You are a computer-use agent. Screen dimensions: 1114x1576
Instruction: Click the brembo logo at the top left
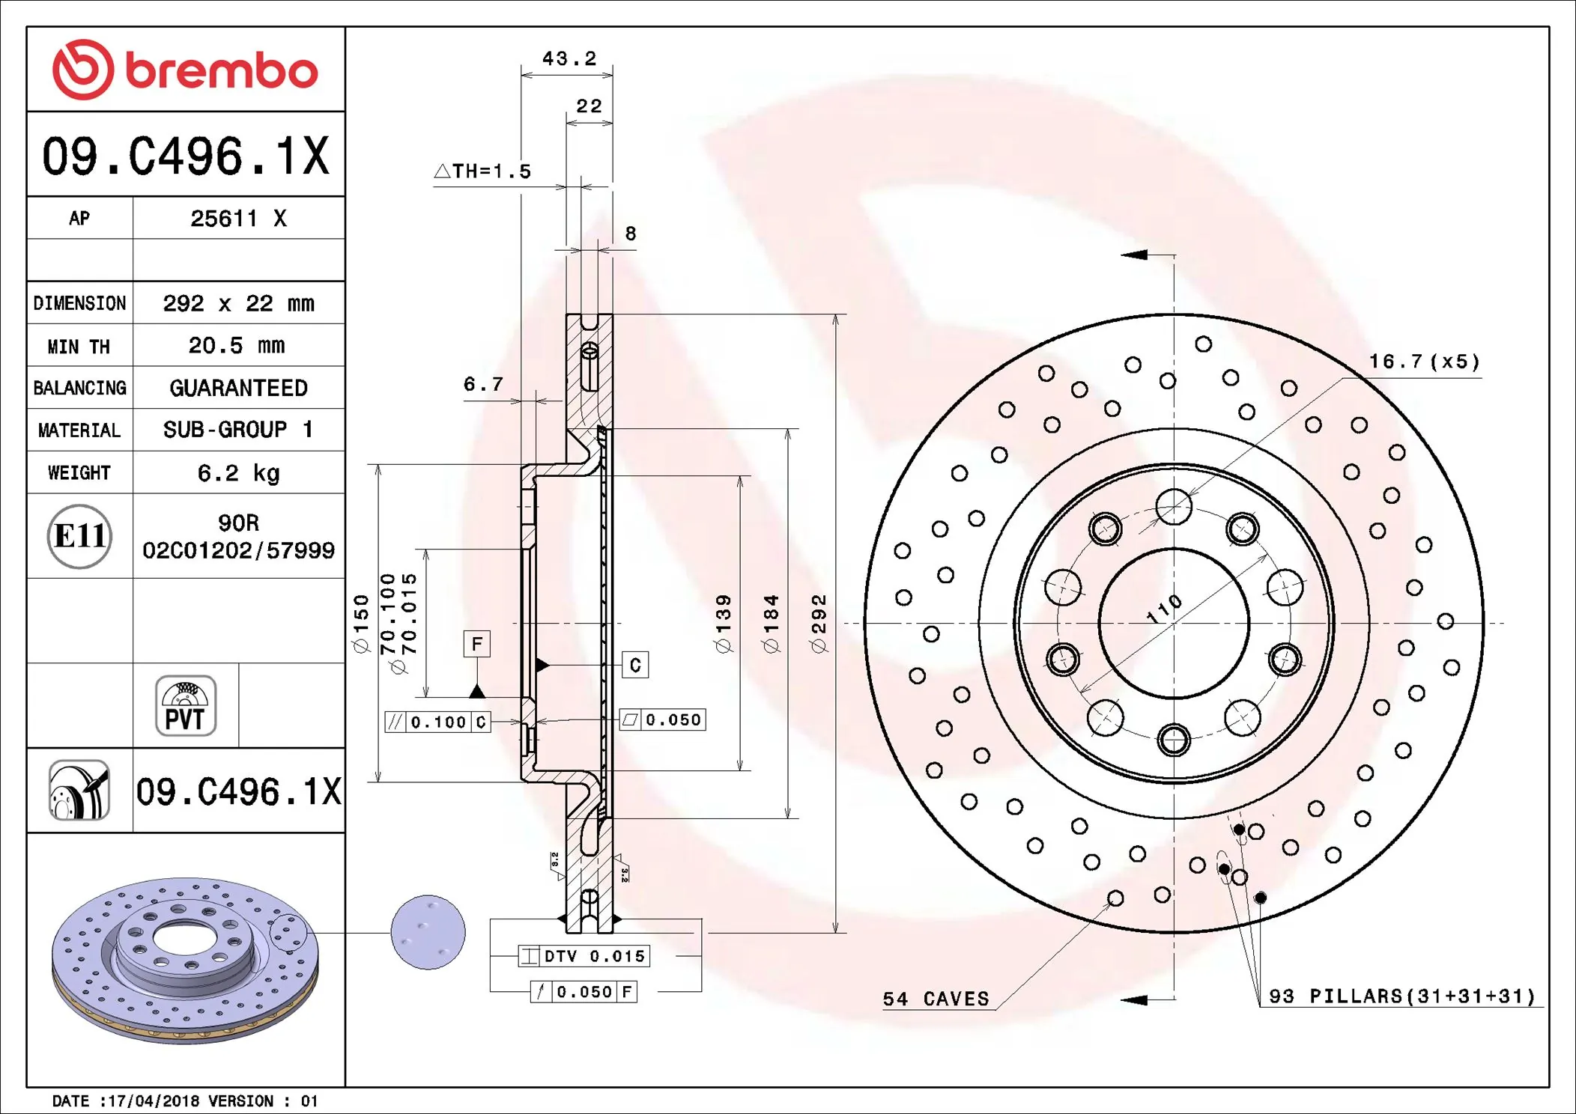pyautogui.click(x=185, y=70)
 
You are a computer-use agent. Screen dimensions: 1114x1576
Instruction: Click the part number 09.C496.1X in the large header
pyautogui.click(x=185, y=156)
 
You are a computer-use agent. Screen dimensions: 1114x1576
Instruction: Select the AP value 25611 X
pyautogui.click(x=238, y=219)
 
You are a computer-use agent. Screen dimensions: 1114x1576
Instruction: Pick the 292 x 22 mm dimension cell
pyautogui.click(x=238, y=303)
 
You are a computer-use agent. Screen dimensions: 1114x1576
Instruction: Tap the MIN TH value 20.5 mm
pyautogui.click(x=237, y=346)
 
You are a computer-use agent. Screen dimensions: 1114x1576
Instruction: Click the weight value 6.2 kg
pyautogui.click(x=238, y=473)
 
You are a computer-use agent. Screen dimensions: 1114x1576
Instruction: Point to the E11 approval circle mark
pyautogui.click(x=79, y=536)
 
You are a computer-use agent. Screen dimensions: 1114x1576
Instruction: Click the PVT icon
pyautogui.click(x=185, y=705)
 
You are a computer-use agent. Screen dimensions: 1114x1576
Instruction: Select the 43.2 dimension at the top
pyautogui.click(x=569, y=58)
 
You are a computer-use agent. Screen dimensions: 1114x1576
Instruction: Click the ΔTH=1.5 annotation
pyautogui.click(x=483, y=171)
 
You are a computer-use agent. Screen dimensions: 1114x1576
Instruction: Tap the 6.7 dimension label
pyautogui.click(x=483, y=384)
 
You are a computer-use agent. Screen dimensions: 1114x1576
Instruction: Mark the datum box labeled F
pyautogui.click(x=476, y=644)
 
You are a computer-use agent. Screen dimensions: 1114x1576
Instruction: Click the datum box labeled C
pyautogui.click(x=635, y=665)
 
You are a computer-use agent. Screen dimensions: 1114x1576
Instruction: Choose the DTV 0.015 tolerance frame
pyautogui.click(x=584, y=956)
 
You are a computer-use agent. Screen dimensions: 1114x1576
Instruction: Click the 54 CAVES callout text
pyautogui.click(x=936, y=999)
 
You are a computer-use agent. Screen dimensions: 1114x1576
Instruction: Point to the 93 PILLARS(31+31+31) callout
pyautogui.click(x=1401, y=996)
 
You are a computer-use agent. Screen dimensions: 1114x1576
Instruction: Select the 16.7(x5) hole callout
pyautogui.click(x=1424, y=362)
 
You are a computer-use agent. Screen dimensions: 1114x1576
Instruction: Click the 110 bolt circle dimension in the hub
pyautogui.click(x=1165, y=609)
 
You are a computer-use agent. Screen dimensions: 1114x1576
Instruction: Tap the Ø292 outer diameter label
pyautogui.click(x=819, y=623)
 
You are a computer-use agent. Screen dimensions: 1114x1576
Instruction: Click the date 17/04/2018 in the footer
pyautogui.click(x=153, y=1101)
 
